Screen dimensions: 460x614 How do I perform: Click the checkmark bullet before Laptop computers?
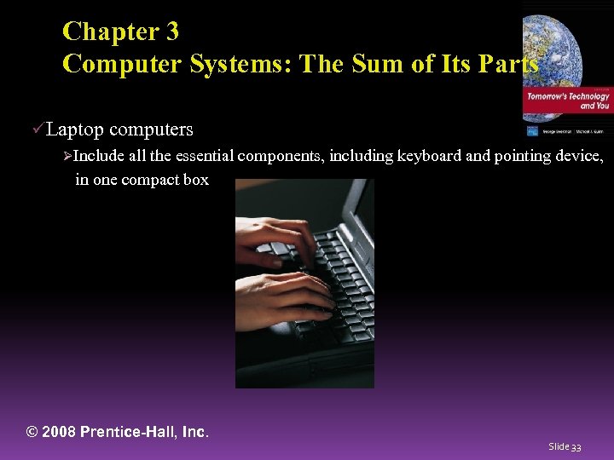click(37, 129)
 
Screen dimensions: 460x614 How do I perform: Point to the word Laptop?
click(75, 130)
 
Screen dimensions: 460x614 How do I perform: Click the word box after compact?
click(195, 181)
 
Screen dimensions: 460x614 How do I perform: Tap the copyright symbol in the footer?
click(33, 432)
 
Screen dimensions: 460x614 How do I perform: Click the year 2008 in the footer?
click(60, 432)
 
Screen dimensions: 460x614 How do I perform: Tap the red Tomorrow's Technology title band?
click(567, 101)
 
